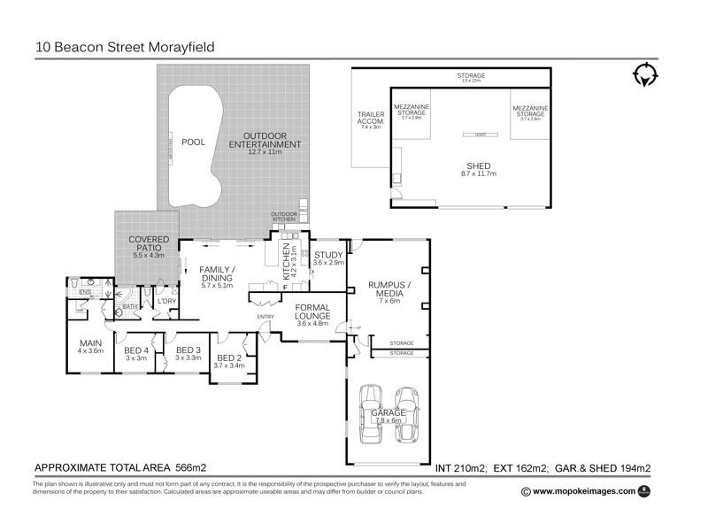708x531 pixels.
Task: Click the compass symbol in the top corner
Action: (x=645, y=75)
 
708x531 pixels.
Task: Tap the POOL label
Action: (x=193, y=142)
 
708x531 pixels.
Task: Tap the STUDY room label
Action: (x=328, y=258)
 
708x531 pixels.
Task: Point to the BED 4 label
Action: (x=135, y=353)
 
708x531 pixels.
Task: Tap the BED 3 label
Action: (x=189, y=353)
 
